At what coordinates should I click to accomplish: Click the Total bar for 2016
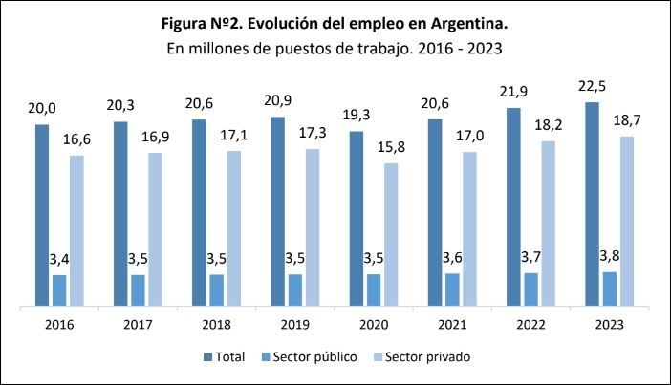coord(42,215)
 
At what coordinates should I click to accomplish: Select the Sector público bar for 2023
coord(610,289)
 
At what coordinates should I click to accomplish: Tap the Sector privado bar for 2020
coord(391,235)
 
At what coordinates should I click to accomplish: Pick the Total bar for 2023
coord(592,204)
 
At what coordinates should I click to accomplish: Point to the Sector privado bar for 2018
coord(233,228)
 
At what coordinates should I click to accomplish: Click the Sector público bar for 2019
coord(294,290)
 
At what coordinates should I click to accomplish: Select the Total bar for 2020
coord(356,219)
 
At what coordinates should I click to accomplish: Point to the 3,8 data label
coord(610,256)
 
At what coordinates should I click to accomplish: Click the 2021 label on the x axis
coord(451,325)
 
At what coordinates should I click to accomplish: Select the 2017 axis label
coord(138,325)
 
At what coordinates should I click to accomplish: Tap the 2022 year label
coord(530,325)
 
